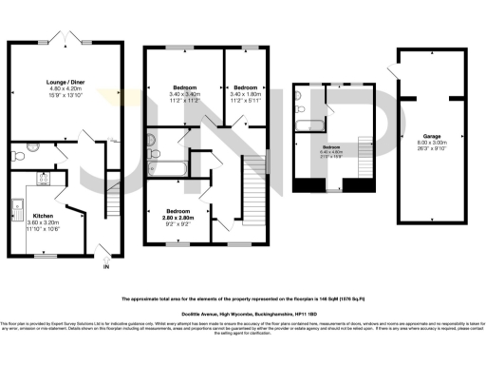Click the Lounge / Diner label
point(65,83)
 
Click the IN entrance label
point(105,267)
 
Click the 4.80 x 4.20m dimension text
point(65,89)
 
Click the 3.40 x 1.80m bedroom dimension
point(247,93)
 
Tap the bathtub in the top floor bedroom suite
point(309,125)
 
